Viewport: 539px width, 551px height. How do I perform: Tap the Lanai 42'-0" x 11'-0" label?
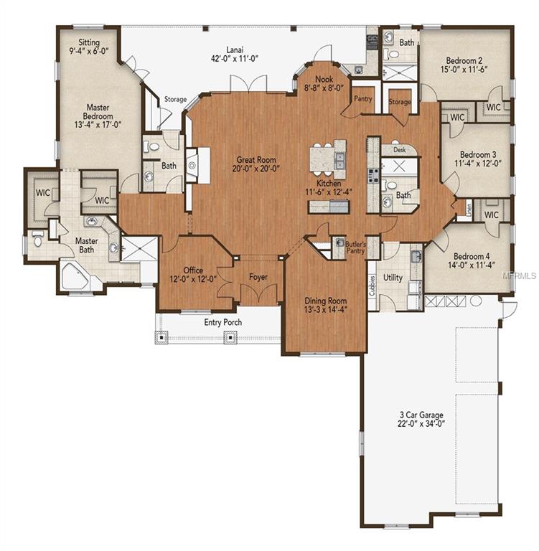point(233,55)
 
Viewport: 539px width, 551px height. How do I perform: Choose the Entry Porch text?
point(222,322)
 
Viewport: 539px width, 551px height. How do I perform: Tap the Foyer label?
point(258,277)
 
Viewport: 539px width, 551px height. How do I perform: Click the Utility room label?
point(393,277)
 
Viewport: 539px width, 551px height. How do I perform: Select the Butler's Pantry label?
point(357,248)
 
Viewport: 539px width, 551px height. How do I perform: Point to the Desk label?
point(399,150)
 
